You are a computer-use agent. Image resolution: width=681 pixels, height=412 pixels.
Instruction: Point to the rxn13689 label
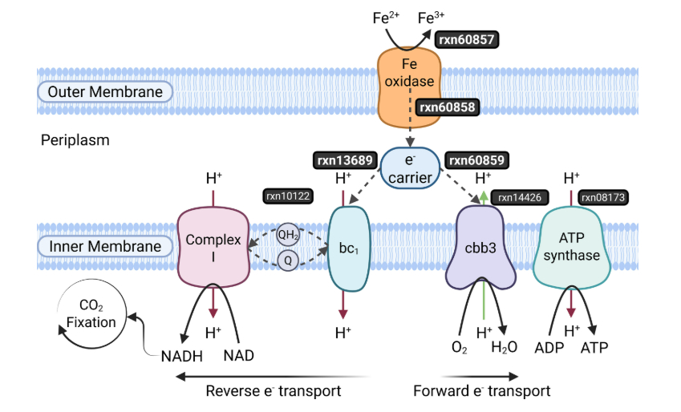[x=343, y=160]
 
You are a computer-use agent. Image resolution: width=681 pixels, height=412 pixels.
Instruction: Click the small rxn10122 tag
[x=286, y=195]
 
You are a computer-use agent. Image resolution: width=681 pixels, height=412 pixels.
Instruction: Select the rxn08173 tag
[x=604, y=196]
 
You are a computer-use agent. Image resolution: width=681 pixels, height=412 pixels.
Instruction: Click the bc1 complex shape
[x=347, y=249]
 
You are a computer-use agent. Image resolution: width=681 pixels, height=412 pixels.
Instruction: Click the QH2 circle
[x=286, y=236]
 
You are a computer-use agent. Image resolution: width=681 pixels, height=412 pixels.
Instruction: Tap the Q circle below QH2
[x=286, y=259]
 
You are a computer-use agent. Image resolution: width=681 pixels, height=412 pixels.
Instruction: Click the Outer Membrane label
[x=105, y=92]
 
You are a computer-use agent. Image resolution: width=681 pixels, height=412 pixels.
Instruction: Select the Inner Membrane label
[x=105, y=247]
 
